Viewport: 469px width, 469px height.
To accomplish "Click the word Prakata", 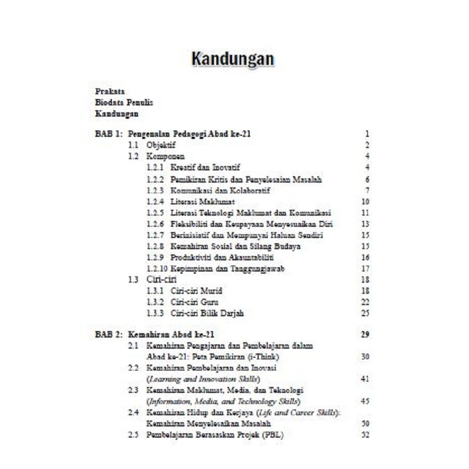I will pyautogui.click(x=110, y=92).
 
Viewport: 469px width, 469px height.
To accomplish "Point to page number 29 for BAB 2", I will pyautogui.click(x=365, y=334).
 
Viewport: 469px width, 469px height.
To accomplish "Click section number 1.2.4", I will pyautogui.click(x=155, y=202).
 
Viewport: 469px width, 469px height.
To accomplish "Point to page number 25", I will pyautogui.click(x=365, y=314).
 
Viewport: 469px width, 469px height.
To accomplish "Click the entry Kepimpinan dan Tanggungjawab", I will pyautogui.click(x=227, y=269).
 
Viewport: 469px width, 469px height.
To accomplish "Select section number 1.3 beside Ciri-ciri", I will pyautogui.click(x=134, y=279).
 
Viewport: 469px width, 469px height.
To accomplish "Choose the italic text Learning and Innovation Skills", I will pyautogui.click(x=203, y=379).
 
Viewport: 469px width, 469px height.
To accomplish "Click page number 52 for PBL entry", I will pyautogui.click(x=365, y=435).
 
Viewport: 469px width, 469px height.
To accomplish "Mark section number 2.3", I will pyautogui.click(x=134, y=390).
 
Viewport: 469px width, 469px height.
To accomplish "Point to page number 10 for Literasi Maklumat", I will pyautogui.click(x=365, y=202).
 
